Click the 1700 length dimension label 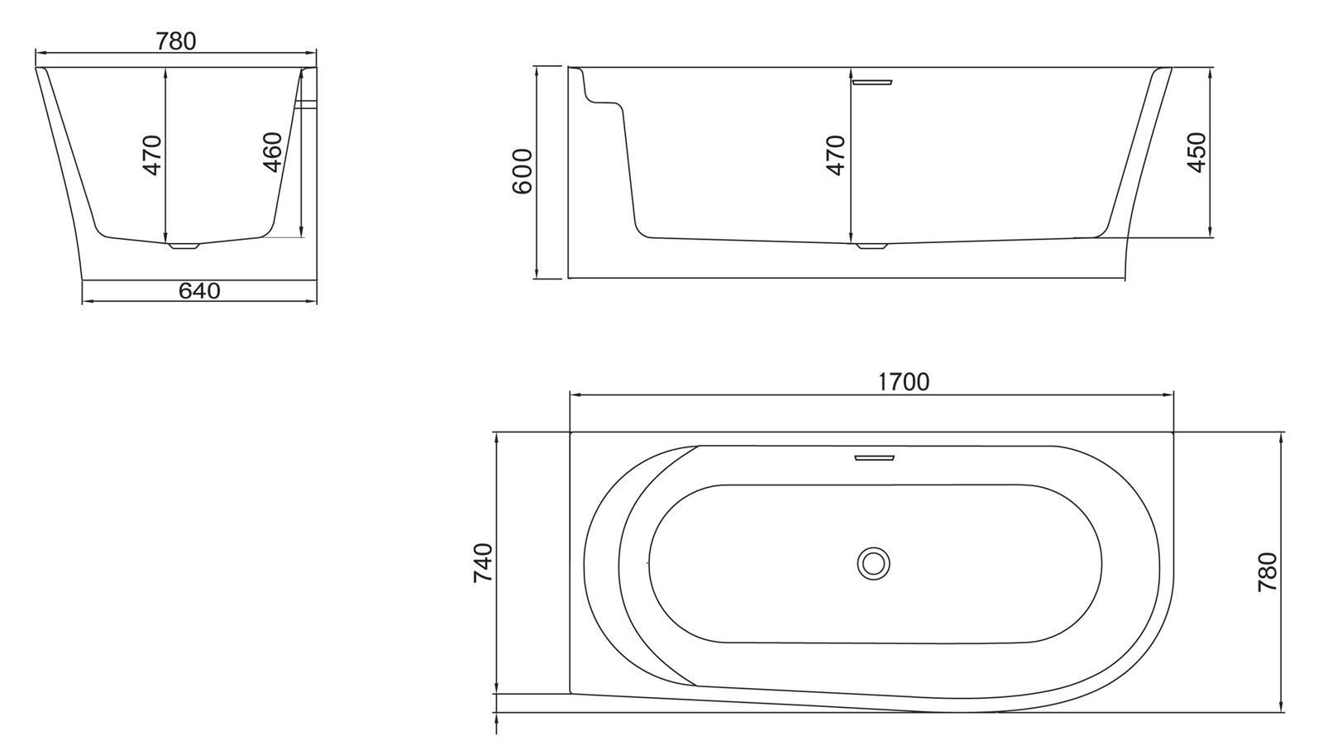(904, 382)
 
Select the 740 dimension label (483, 563)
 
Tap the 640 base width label (199, 290)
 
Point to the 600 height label (522, 171)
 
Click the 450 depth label (1196, 152)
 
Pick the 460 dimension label (272, 152)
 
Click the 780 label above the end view (176, 41)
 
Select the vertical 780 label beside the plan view (1268, 572)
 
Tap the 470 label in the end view (152, 155)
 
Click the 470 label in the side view (836, 155)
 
